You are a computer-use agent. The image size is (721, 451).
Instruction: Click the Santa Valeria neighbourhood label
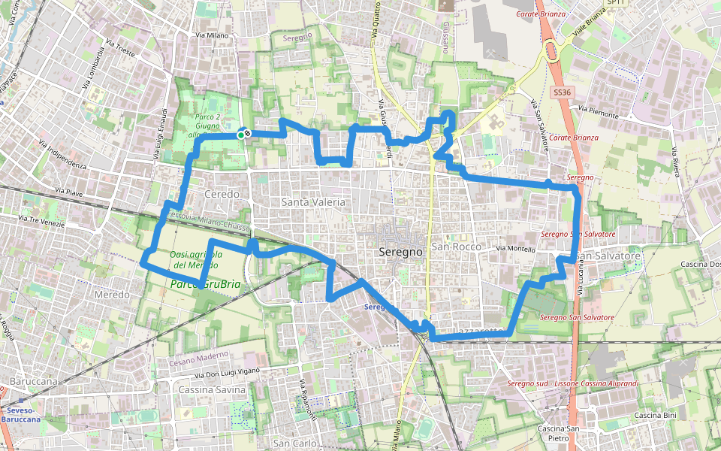coord(313,202)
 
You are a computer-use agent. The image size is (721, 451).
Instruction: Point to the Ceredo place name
coord(222,194)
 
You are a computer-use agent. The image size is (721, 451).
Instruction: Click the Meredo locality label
coord(112,295)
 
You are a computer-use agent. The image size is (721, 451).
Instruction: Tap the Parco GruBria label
coord(206,285)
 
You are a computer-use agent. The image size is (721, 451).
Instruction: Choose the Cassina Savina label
coord(212,389)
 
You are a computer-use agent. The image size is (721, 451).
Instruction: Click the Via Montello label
coord(516,248)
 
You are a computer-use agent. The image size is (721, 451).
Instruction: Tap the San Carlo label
coord(294,443)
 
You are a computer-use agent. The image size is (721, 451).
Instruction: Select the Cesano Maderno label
coord(203,355)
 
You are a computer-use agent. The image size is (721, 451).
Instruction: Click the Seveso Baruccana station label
coord(21,414)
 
